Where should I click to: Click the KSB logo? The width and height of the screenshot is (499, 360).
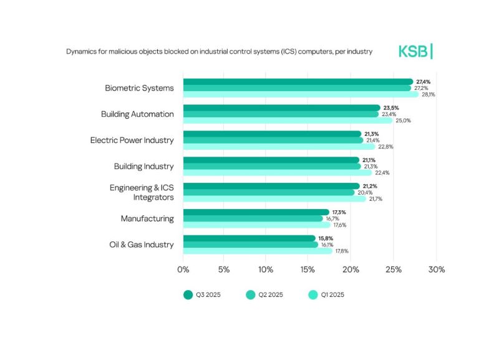[415, 51]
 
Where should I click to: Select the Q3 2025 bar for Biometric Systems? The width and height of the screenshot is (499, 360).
[298, 82]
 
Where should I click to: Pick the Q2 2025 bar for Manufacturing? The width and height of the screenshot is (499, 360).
[253, 218]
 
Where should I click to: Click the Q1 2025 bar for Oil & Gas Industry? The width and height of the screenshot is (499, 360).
[257, 251]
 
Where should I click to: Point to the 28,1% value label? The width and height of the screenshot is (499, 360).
[428, 95]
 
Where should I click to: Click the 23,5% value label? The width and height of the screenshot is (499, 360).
[389, 108]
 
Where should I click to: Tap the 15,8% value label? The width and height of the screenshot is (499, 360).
[326, 238]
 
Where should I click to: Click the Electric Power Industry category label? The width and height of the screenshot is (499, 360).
[132, 140]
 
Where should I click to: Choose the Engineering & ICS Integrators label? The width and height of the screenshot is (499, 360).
[142, 192]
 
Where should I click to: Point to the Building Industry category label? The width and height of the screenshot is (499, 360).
[143, 167]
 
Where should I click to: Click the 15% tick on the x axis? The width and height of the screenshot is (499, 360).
[307, 270]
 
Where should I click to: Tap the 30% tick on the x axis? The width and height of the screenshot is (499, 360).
[436, 270]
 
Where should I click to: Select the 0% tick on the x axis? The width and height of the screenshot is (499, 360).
[183, 270]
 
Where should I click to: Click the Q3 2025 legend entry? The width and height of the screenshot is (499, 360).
[201, 294]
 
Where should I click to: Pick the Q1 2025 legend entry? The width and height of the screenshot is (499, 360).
[326, 294]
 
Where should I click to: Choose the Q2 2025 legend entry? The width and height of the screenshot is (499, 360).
[264, 294]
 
